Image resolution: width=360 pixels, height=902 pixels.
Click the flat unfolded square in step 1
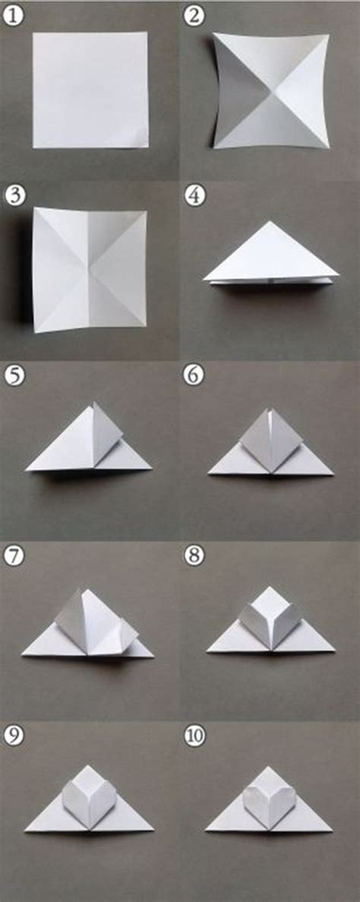pyautogui.click(x=90, y=90)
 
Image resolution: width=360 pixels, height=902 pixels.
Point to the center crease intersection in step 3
pyautogui.click(x=89, y=269)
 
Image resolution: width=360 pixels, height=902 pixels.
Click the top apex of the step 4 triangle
pyautogui.click(x=270, y=222)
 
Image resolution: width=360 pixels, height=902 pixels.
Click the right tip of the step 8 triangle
pyautogui.click(x=334, y=650)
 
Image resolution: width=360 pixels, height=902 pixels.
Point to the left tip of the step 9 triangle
pyautogui.click(x=25, y=830)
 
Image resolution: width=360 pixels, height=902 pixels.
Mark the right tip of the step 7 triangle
pyautogui.click(x=153, y=655)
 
